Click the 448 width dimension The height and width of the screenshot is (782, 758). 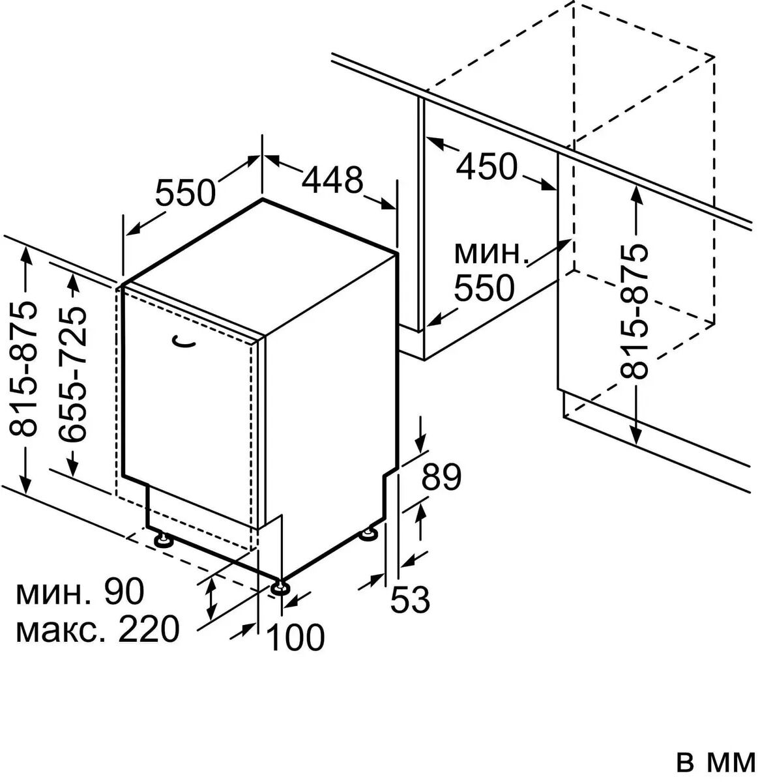[332, 180]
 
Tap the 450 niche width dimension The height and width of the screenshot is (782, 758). [486, 167]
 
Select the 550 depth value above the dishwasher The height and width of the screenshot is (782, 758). [185, 192]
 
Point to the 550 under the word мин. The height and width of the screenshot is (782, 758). [484, 287]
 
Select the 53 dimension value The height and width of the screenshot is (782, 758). [411, 600]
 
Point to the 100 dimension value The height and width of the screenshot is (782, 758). [295, 637]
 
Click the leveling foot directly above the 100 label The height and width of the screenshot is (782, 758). [282, 588]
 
